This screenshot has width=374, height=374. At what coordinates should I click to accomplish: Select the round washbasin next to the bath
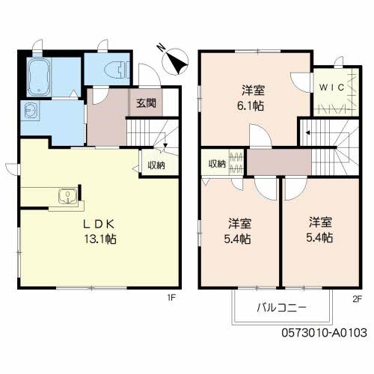[31, 111]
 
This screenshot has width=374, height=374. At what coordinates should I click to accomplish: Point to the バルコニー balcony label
[280, 307]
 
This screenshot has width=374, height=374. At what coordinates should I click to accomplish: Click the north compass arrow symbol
[177, 61]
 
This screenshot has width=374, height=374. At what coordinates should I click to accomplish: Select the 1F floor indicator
[171, 298]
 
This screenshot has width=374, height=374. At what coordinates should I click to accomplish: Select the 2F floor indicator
[356, 298]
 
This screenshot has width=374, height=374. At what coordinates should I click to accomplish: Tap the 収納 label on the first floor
[155, 166]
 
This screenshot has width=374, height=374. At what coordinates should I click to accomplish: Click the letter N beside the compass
[160, 49]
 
